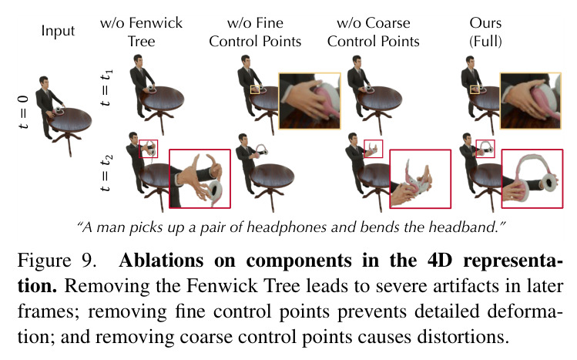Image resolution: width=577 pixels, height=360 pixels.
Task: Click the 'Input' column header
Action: pos(58,31)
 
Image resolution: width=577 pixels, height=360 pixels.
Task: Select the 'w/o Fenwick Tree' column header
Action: pos(141,32)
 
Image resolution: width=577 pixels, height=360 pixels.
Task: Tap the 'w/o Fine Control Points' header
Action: pos(255,32)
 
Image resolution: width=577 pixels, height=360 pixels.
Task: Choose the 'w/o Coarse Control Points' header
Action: pos(373,32)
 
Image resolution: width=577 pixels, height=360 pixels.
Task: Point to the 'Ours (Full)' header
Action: pos(485,32)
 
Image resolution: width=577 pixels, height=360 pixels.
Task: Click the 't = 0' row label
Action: pos(23,112)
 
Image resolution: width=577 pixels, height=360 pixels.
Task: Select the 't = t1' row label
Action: pos(106,87)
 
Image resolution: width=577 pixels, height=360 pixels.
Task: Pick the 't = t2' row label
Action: pos(106,173)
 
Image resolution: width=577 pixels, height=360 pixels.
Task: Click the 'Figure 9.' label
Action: pos(57,261)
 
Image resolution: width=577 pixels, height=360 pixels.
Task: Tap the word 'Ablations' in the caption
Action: pos(161,261)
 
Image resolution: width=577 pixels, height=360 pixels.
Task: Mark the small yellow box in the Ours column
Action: pos(475,89)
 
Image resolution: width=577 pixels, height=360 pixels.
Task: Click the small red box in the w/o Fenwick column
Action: pos(149,149)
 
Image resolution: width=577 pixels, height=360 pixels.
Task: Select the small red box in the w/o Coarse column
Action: pos(373,149)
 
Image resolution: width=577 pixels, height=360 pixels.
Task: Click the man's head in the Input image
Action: pos(44,82)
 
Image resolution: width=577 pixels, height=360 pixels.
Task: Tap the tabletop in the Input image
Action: pos(69,119)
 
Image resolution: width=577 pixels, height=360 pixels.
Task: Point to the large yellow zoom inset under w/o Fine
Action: pos(310,101)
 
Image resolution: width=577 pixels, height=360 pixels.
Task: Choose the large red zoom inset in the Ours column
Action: pos(532,179)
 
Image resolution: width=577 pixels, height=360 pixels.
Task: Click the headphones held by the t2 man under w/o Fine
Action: pos(261,148)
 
